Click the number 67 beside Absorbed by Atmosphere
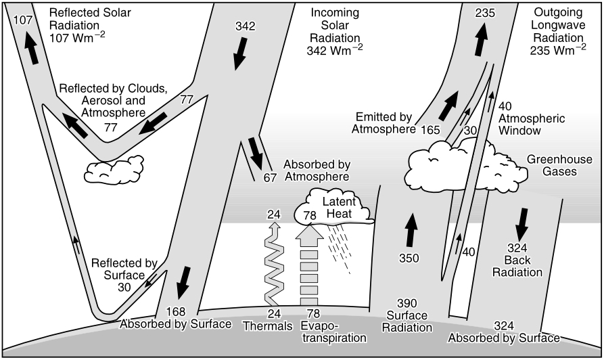pos(270,178)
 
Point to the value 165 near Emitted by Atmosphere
pos(430,130)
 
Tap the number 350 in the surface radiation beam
pos(409,258)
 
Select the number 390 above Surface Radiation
pos(407,303)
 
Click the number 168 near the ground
pos(176,311)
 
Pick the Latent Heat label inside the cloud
pos(339,207)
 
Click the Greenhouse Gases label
pos(560,165)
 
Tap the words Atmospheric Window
pos(532,125)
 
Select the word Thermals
pos(268,326)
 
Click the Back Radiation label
pos(517,266)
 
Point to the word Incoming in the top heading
pos(335,13)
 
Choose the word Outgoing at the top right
pos(558,12)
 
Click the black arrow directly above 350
pos(411,229)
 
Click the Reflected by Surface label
pos(124,275)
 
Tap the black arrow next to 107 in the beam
pos(31,48)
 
